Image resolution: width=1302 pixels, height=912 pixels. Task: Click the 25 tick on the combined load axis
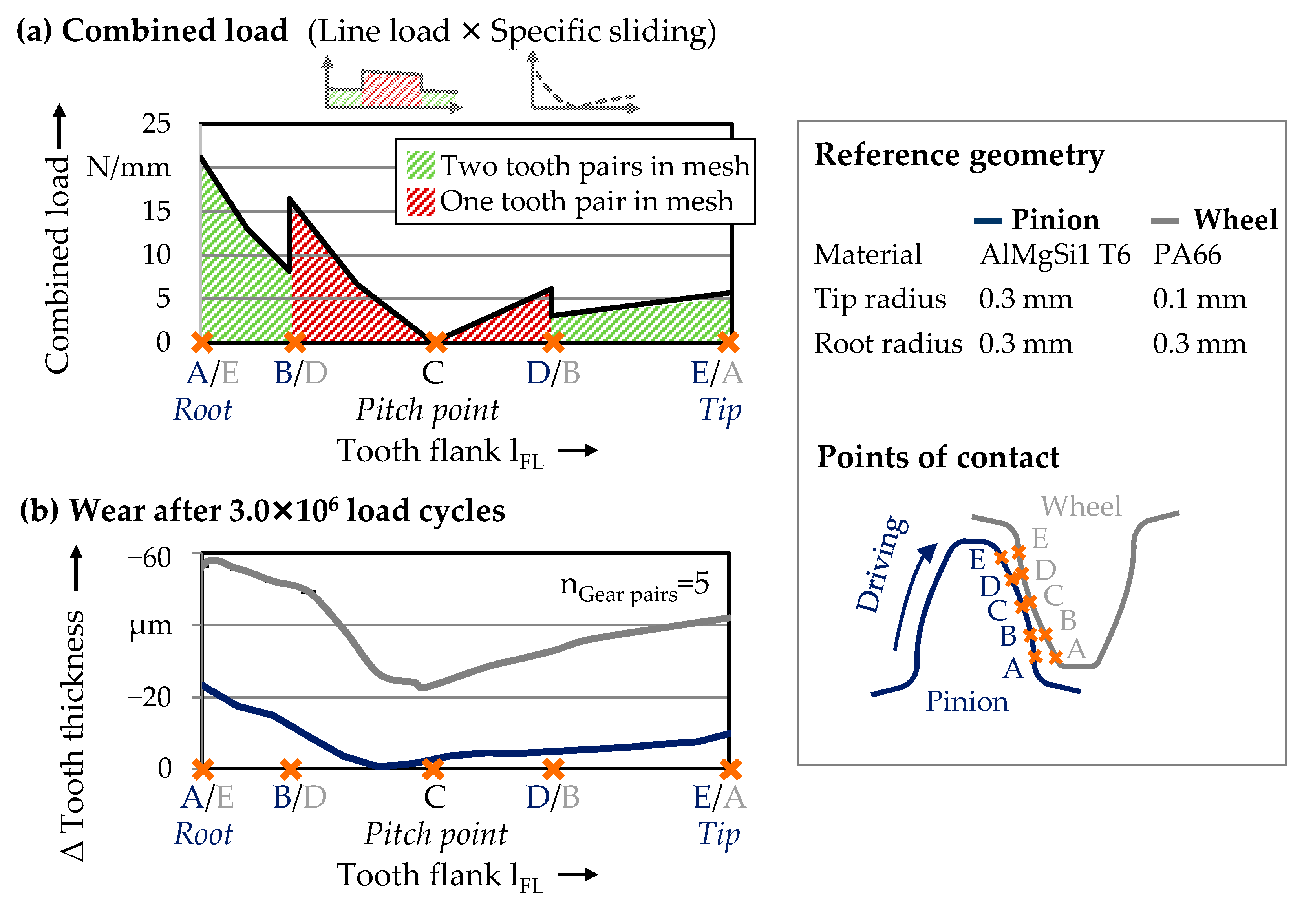click(x=156, y=124)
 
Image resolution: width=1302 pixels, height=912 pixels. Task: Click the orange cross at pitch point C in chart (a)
click(x=435, y=342)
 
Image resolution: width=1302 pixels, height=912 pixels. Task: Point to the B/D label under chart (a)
click(x=300, y=373)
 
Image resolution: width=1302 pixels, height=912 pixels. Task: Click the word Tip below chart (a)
click(x=719, y=410)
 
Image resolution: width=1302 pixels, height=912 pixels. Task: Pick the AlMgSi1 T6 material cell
click(x=1055, y=255)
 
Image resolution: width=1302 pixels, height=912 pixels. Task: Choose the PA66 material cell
click(x=1186, y=255)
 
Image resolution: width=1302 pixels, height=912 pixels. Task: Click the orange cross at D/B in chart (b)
click(x=553, y=769)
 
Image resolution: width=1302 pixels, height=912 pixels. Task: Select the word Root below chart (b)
click(x=203, y=834)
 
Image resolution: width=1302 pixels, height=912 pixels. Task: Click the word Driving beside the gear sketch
click(x=882, y=564)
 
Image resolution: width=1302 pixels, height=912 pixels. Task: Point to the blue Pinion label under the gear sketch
click(x=967, y=702)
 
